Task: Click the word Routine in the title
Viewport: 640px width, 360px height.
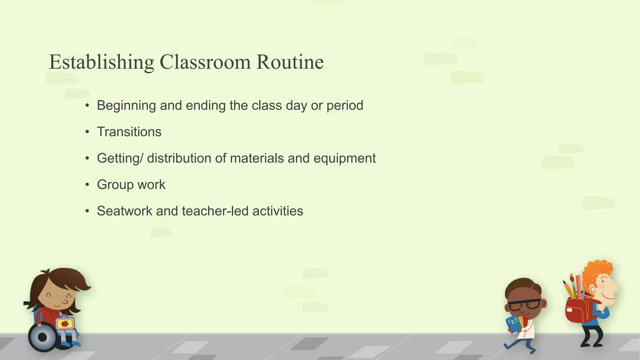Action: pos(290,62)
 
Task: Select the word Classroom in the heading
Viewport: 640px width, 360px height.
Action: pos(205,62)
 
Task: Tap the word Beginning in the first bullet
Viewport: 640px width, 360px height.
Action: pos(126,106)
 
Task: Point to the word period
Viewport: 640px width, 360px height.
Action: pos(345,106)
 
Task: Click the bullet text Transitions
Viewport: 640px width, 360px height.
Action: pos(129,132)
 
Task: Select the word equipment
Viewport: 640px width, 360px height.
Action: pos(344,158)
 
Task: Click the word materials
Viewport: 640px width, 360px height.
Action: pos(257,158)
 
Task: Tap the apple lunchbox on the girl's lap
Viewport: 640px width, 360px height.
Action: pos(65,323)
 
